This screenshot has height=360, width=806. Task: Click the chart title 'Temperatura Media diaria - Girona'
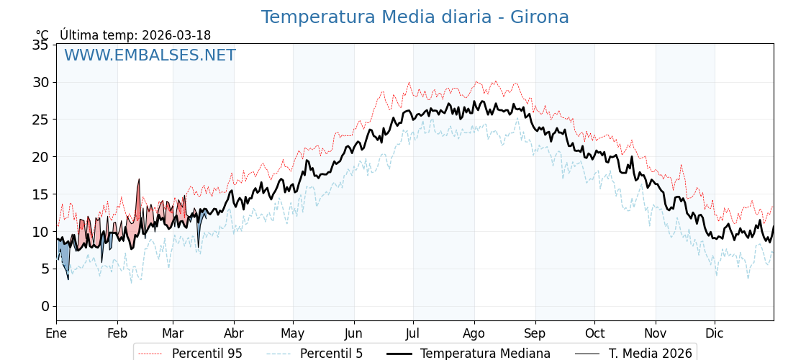click(415, 17)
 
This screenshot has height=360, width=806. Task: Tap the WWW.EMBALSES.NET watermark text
click(150, 55)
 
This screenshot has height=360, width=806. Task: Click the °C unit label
click(42, 35)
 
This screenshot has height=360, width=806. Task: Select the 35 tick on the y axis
click(40, 45)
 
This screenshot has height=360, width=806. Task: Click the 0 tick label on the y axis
click(45, 306)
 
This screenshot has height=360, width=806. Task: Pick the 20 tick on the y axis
click(40, 157)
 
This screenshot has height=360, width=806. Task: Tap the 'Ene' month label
click(56, 333)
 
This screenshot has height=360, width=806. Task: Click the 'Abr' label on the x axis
click(234, 333)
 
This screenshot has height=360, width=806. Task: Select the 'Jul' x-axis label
click(413, 333)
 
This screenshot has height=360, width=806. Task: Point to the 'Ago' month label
click(474, 333)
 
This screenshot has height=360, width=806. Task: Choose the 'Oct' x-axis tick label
click(594, 333)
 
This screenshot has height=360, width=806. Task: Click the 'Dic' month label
click(715, 333)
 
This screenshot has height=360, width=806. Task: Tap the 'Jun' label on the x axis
click(353, 333)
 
